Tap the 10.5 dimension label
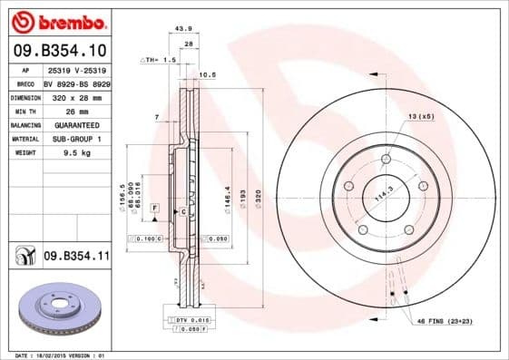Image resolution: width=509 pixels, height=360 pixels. [x=206, y=74]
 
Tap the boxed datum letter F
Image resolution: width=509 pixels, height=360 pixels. [x=155, y=209]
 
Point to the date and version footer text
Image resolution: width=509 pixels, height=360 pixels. [x=56, y=355]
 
